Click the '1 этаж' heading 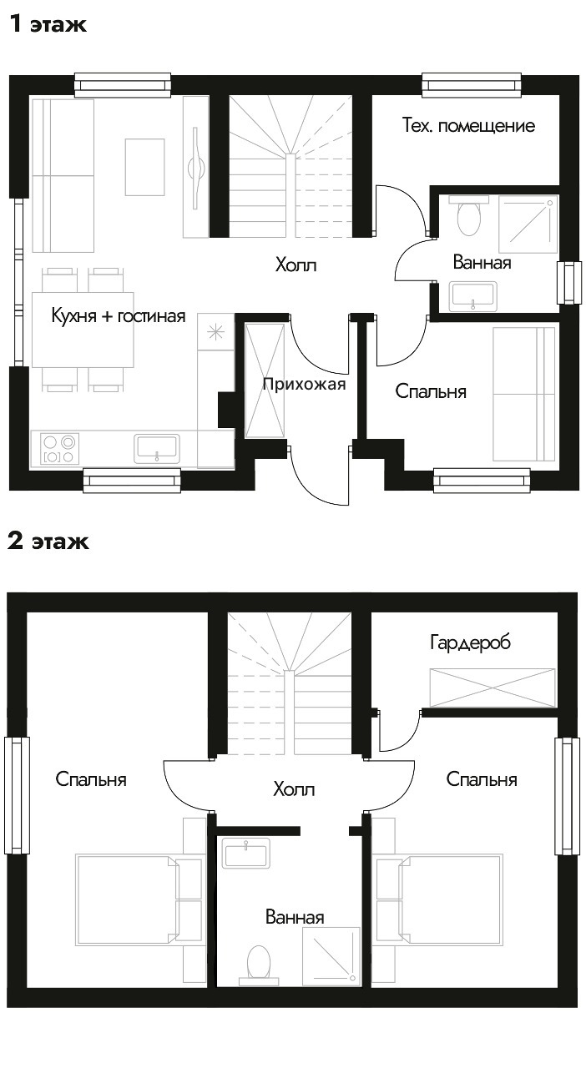(48, 23)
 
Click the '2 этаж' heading (48, 541)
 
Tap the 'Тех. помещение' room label (468, 125)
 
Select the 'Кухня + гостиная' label (119, 315)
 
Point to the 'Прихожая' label (304, 384)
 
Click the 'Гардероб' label (470, 642)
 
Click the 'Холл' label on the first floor (296, 264)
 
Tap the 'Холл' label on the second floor (294, 789)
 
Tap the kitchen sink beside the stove (157, 448)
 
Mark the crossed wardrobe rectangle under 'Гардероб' (493, 688)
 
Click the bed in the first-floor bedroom (524, 394)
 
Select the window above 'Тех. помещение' (472, 85)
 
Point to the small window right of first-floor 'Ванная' (569, 282)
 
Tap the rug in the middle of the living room (145, 167)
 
